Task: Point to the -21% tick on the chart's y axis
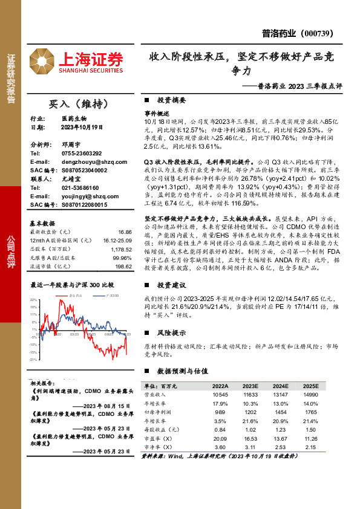(x=33, y=359)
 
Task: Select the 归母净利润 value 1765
(x=310, y=412)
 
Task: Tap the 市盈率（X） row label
(x=162, y=438)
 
